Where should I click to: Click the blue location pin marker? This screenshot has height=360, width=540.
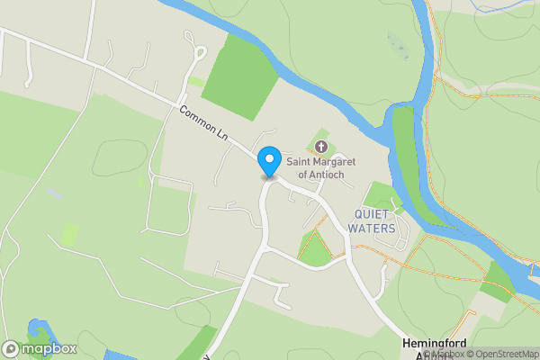[268, 162]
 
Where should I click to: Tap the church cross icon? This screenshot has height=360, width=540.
[321, 146]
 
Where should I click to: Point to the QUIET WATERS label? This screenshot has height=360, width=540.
[374, 220]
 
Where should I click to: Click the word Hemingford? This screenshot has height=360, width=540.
[438, 345]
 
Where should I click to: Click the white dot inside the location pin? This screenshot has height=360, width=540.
[268, 158]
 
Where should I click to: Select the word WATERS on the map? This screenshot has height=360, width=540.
[374, 228]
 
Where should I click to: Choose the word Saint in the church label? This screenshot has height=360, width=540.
[301, 162]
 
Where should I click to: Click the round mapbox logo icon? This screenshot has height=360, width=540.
[12, 348]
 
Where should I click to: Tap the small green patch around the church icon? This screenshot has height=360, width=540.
[321, 146]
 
